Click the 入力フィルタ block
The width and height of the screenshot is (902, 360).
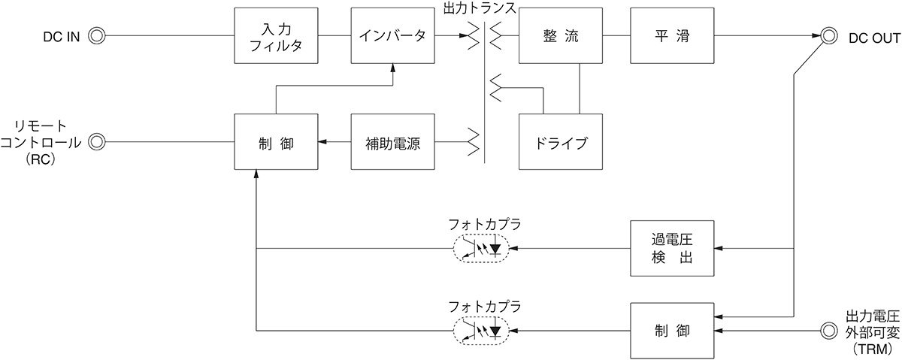[x=276, y=36]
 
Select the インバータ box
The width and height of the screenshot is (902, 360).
[x=393, y=36]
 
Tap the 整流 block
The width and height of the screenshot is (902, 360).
[x=561, y=36]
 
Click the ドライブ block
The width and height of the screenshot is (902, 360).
[x=561, y=142]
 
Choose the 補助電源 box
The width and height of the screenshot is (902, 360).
[x=393, y=142]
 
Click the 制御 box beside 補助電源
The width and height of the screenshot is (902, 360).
[x=276, y=142]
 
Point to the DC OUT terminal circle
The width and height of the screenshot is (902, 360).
[x=829, y=35]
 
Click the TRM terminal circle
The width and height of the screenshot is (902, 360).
[x=829, y=330]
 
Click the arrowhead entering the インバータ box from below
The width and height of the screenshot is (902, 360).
[x=393, y=68]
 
